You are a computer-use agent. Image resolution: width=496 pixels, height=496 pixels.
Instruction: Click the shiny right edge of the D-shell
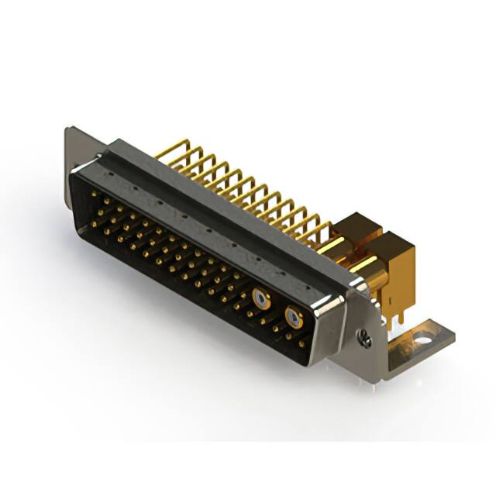pyautogui.click(x=335, y=325)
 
